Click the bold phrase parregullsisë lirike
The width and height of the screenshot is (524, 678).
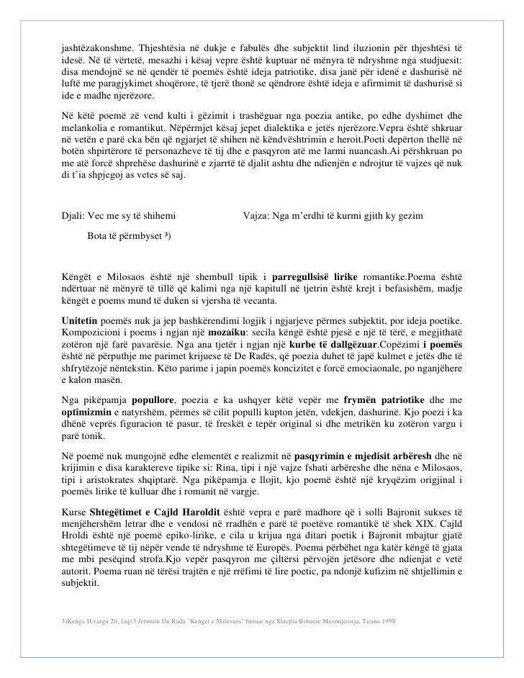click(324, 277)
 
